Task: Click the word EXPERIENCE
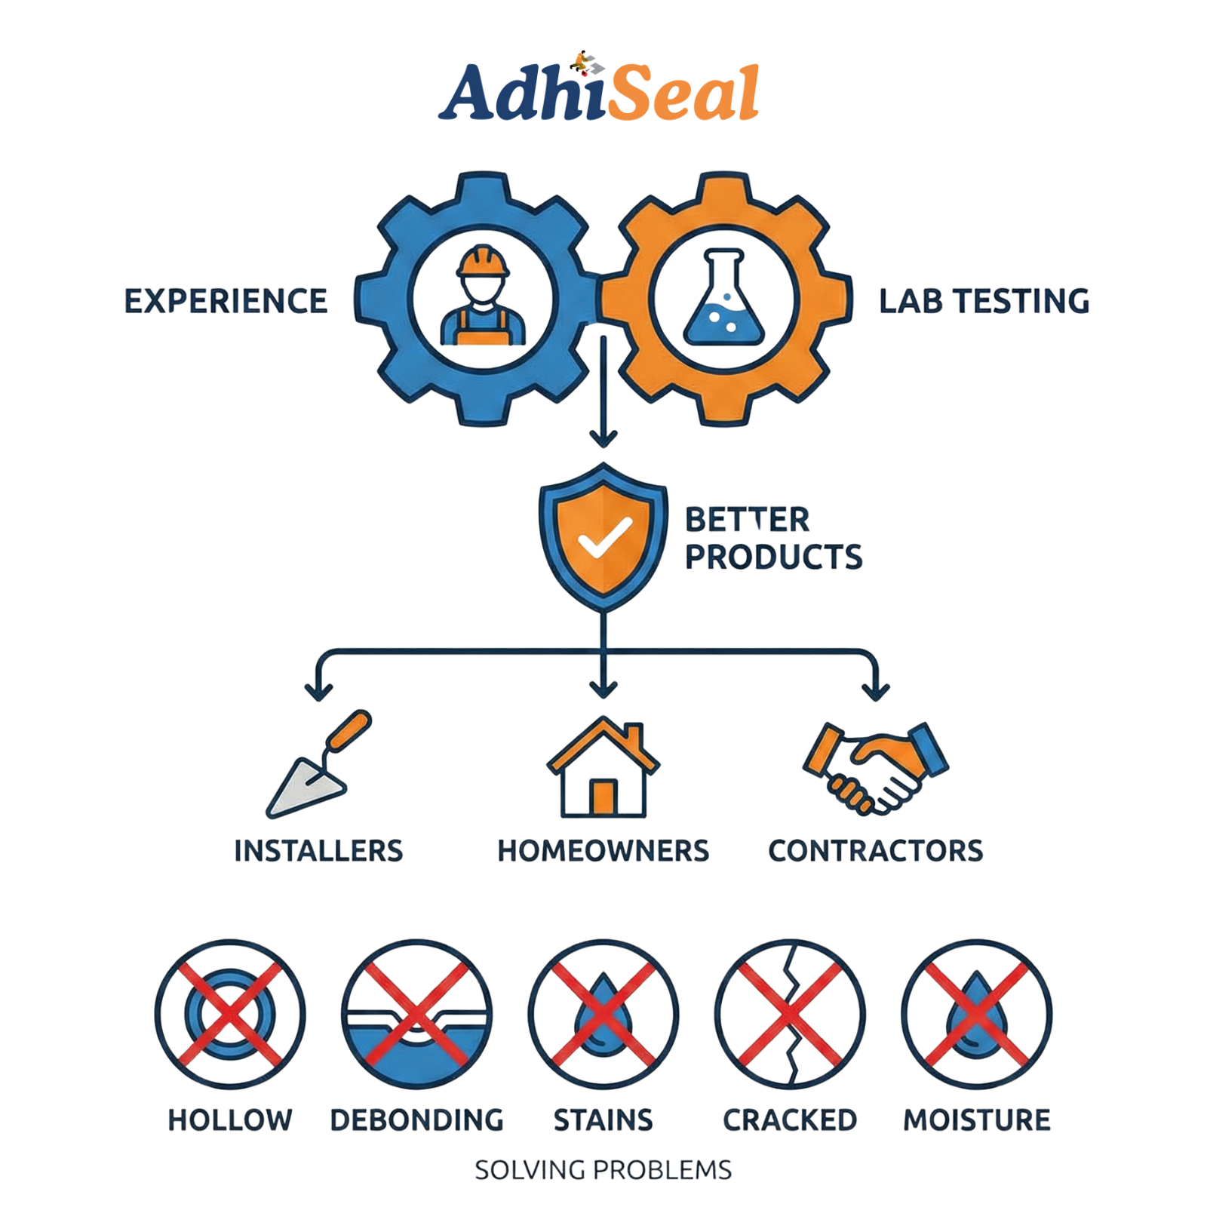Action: [x=226, y=300]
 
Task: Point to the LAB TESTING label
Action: [x=984, y=300]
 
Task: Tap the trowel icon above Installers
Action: [x=317, y=766]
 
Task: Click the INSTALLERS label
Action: [x=318, y=850]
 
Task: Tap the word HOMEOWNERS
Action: [x=603, y=850]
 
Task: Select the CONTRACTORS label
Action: [x=876, y=850]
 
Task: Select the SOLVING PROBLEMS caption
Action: [x=603, y=1170]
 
